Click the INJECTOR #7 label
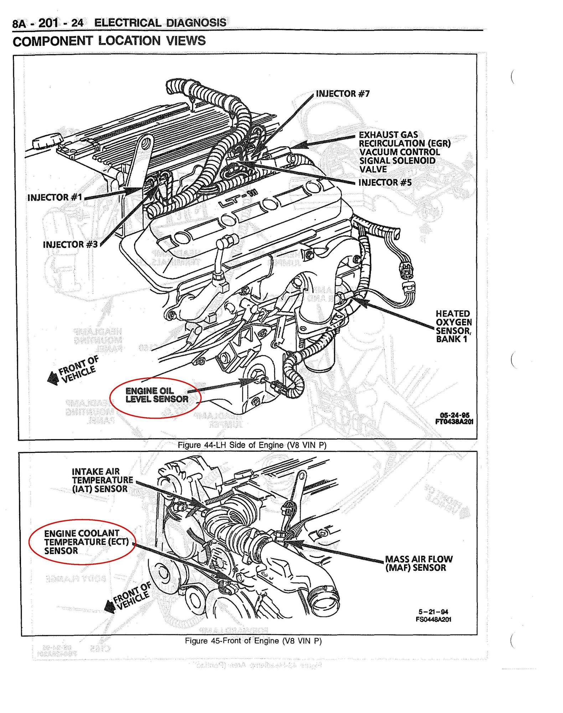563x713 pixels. click(x=343, y=94)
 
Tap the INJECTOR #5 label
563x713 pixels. click(x=385, y=183)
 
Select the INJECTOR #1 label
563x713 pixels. click(x=55, y=198)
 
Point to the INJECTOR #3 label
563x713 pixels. click(x=70, y=245)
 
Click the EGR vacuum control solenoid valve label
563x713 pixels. click(x=404, y=152)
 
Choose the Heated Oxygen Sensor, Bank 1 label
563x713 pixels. click(x=453, y=326)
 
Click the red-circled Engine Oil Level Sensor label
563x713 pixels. click(x=157, y=395)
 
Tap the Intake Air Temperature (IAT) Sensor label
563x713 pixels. click(x=102, y=480)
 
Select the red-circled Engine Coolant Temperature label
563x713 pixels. click(x=86, y=542)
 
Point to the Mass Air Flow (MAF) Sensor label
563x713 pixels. click(x=419, y=563)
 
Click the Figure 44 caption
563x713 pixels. click(x=252, y=445)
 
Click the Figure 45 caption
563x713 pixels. click(x=253, y=641)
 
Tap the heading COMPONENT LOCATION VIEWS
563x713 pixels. click(x=109, y=41)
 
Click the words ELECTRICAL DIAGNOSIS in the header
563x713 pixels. click(x=160, y=23)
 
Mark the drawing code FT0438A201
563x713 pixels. click(x=454, y=421)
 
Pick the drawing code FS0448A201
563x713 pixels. click(x=433, y=619)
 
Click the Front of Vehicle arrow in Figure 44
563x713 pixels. click(x=53, y=378)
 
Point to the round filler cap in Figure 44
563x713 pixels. click(x=47, y=143)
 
